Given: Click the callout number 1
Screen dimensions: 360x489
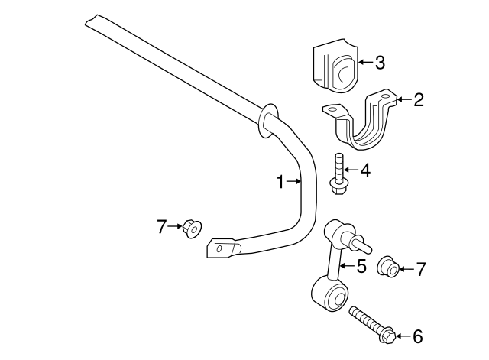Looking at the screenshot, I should click(280, 181).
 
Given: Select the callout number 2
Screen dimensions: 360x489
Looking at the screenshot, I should click(418, 99).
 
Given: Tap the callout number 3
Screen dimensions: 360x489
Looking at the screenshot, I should click(380, 63).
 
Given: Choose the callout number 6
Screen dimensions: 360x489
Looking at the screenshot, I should click(417, 336).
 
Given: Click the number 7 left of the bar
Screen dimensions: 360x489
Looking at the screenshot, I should click(161, 226).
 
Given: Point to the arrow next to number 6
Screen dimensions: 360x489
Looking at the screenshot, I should click(403, 336).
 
